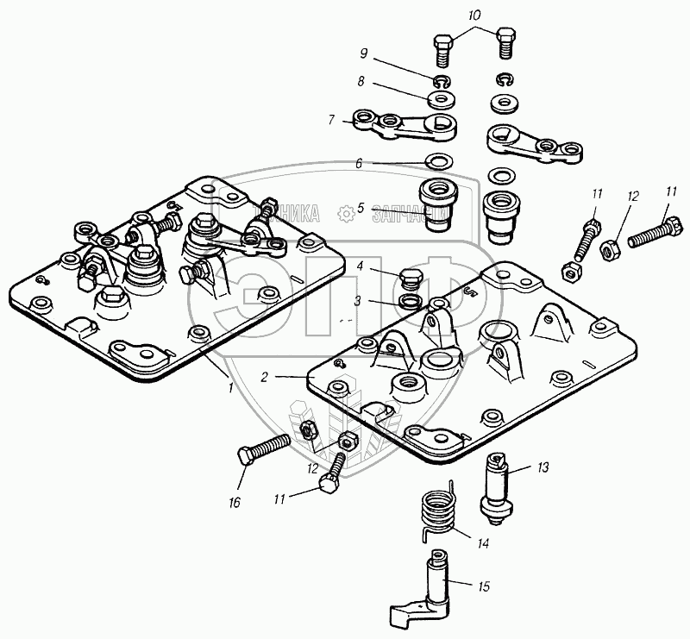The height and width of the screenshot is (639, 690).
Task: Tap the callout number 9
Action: pos(365,53)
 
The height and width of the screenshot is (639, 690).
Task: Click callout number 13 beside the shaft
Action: pos(543,468)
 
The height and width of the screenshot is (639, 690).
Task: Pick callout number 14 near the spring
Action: pos(483,544)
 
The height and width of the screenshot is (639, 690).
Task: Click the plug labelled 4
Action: pos(412,279)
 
